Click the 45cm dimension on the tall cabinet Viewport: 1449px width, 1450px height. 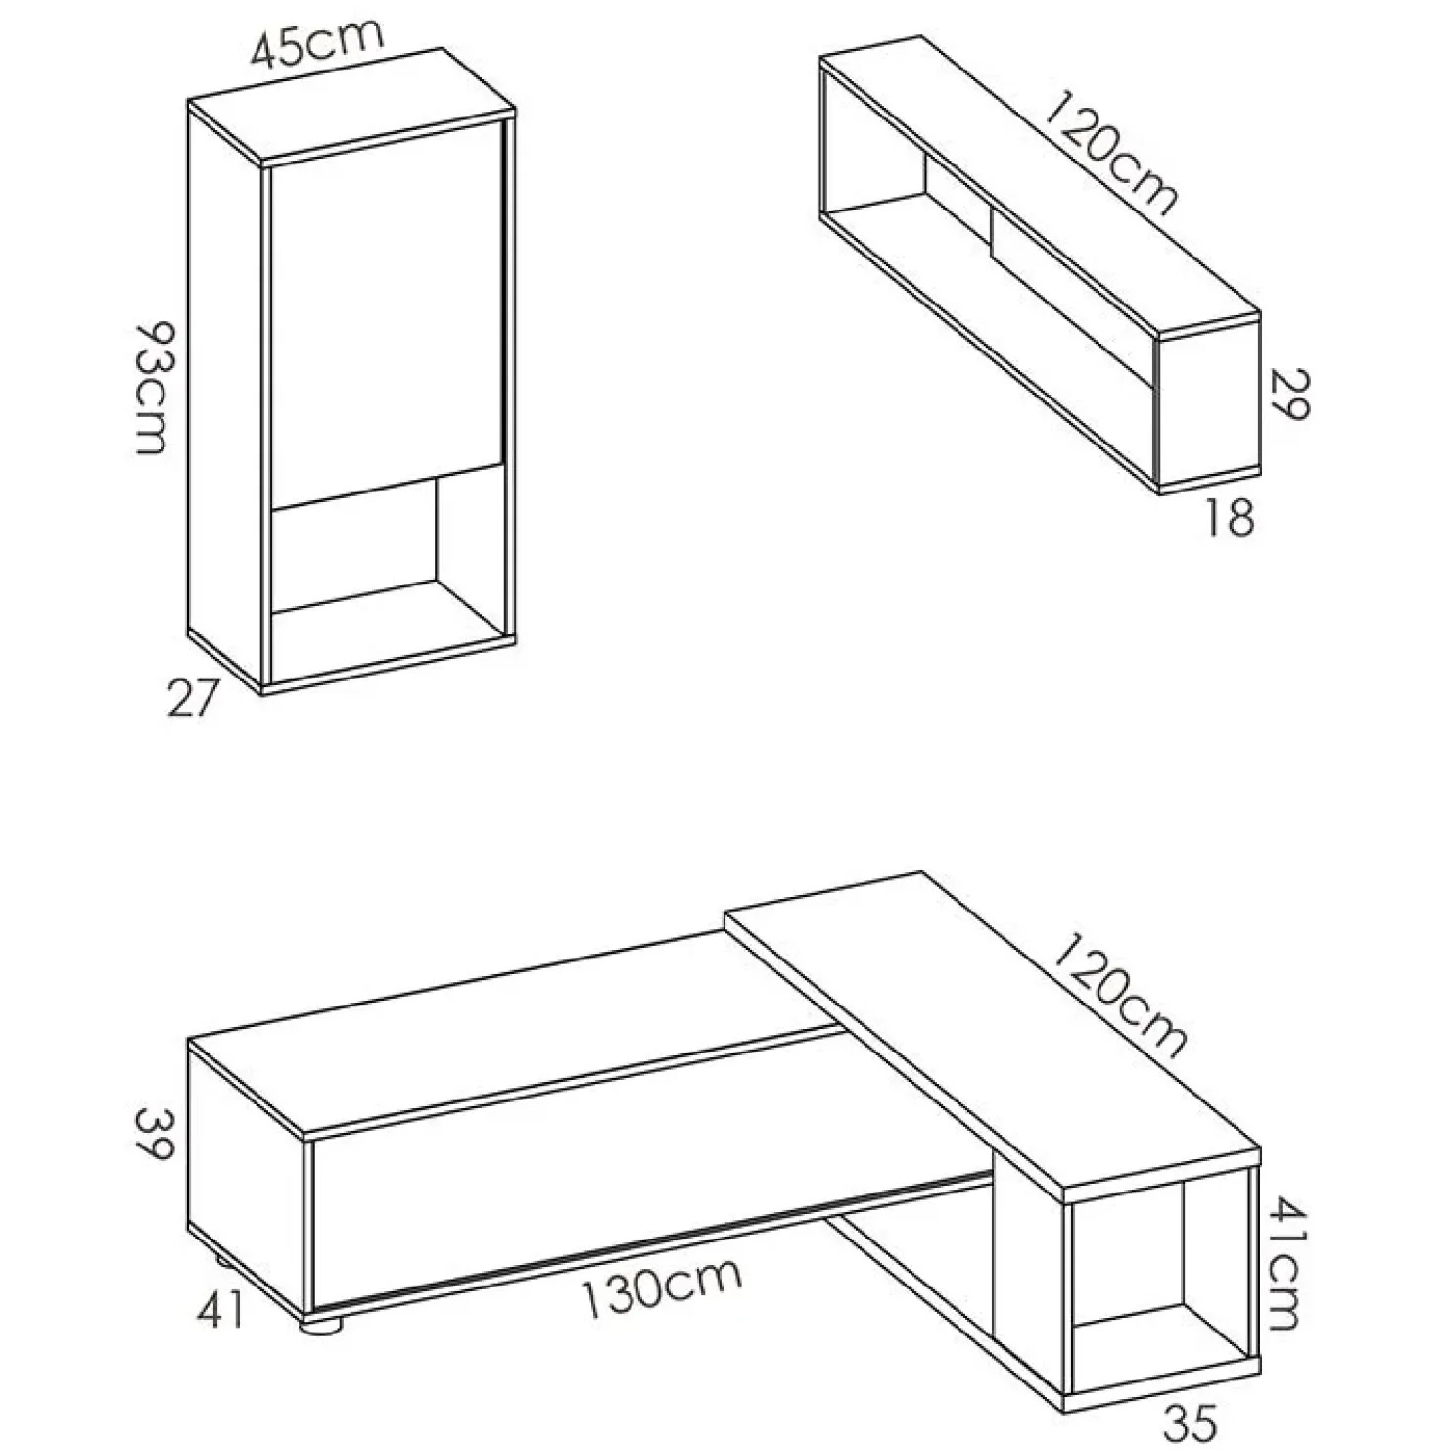pyautogui.click(x=315, y=43)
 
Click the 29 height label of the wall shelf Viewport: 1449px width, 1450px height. pyautogui.click(x=1290, y=395)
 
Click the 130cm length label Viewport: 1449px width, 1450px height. pyautogui.click(x=662, y=1290)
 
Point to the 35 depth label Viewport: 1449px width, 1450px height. pyautogui.click(x=1189, y=1420)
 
